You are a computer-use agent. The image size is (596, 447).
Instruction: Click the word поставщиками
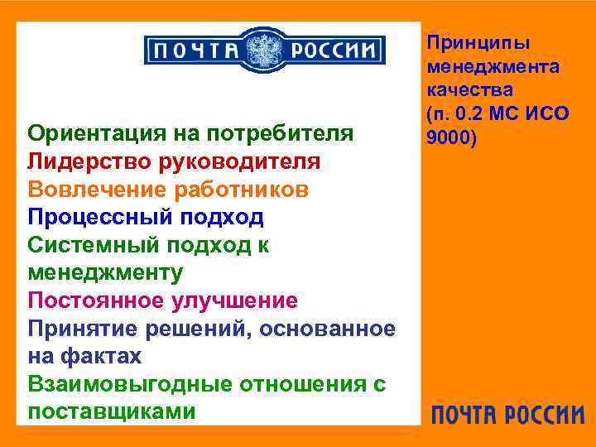pos(112,411)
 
